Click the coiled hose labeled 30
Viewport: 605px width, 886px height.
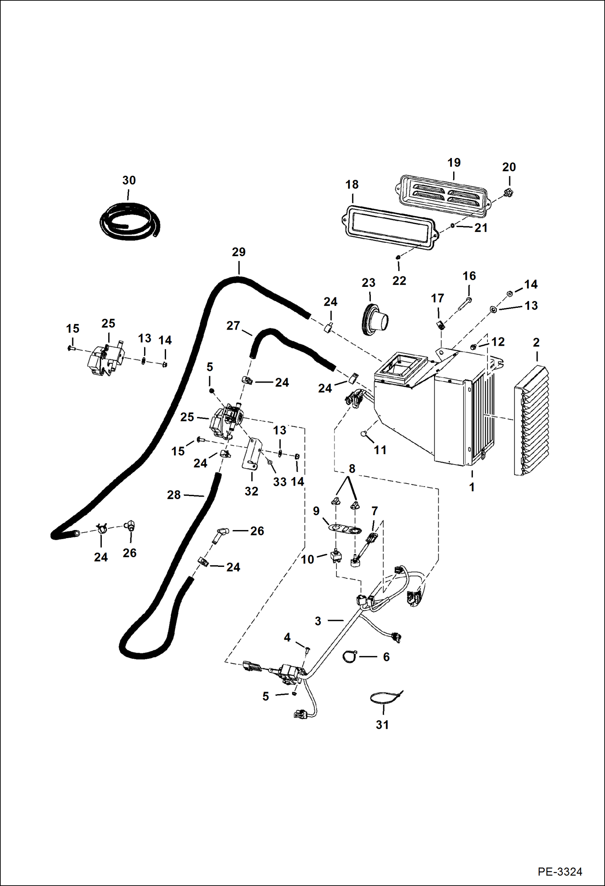tap(129, 222)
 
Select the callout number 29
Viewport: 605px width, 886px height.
tap(239, 252)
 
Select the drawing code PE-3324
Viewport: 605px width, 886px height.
tap(560, 871)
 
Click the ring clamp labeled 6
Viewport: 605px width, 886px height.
tap(350, 657)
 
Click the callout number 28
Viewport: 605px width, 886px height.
tap(174, 495)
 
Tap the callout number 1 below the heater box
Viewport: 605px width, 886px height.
tap(472, 487)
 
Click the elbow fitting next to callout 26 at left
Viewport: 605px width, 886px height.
tap(130, 526)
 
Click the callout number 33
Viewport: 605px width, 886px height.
tap(279, 482)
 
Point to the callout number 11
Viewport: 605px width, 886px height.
tap(380, 450)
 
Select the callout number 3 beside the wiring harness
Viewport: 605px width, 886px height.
tap(318, 621)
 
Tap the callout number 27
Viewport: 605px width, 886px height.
tap(233, 326)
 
